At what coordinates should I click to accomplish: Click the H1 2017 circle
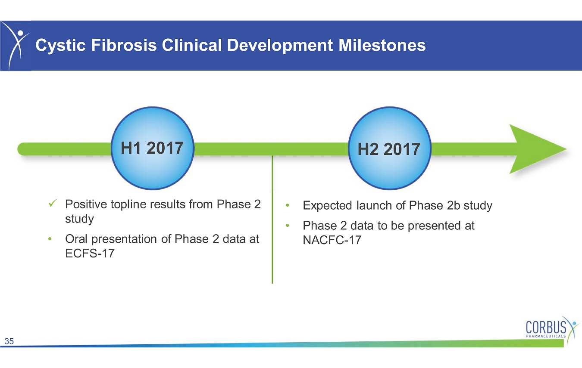click(x=153, y=148)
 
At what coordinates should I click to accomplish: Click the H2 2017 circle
click(x=389, y=148)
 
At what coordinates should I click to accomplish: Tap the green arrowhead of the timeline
click(x=538, y=149)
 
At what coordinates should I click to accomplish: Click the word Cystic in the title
click(x=60, y=45)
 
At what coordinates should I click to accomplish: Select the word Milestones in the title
click(x=382, y=45)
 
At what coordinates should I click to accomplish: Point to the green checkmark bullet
click(x=52, y=203)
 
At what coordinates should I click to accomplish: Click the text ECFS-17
click(x=90, y=253)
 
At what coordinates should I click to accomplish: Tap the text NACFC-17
click(x=332, y=240)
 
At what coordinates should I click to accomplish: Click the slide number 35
click(x=9, y=341)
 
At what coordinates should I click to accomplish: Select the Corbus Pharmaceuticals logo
click(x=551, y=330)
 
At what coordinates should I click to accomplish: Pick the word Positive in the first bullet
click(x=86, y=204)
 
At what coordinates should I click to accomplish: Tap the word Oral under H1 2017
click(x=76, y=239)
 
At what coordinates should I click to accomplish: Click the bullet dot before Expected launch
click(x=288, y=205)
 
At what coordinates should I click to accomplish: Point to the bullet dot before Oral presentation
click(x=50, y=239)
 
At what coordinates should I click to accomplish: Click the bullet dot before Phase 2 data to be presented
click(x=288, y=226)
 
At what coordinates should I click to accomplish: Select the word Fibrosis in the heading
click(x=124, y=45)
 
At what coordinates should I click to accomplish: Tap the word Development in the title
click(x=280, y=45)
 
